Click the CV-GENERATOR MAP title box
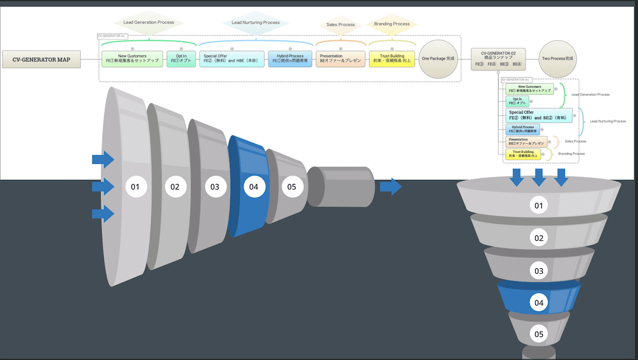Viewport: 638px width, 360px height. click(41, 59)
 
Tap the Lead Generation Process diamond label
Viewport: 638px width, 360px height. click(149, 22)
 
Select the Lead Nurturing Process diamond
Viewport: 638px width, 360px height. click(256, 22)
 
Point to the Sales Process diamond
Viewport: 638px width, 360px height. click(340, 24)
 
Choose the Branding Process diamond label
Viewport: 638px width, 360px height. click(391, 24)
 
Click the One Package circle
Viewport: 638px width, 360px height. click(439, 59)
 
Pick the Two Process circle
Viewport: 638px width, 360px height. click(558, 59)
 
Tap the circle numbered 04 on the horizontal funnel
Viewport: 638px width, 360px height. click(254, 187)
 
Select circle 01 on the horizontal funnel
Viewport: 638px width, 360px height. click(135, 187)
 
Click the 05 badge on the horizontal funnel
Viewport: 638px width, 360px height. click(292, 187)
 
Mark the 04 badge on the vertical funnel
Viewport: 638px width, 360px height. click(539, 302)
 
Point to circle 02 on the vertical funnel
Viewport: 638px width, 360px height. click(539, 238)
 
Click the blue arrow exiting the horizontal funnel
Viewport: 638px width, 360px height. click(390, 186)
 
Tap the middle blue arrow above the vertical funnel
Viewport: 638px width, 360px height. click(539, 178)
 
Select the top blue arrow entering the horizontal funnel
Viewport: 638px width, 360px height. click(103, 160)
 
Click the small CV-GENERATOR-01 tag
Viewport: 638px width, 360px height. click(111, 36)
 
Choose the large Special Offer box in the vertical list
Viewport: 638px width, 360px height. click(539, 115)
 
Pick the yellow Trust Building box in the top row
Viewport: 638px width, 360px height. click(392, 59)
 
